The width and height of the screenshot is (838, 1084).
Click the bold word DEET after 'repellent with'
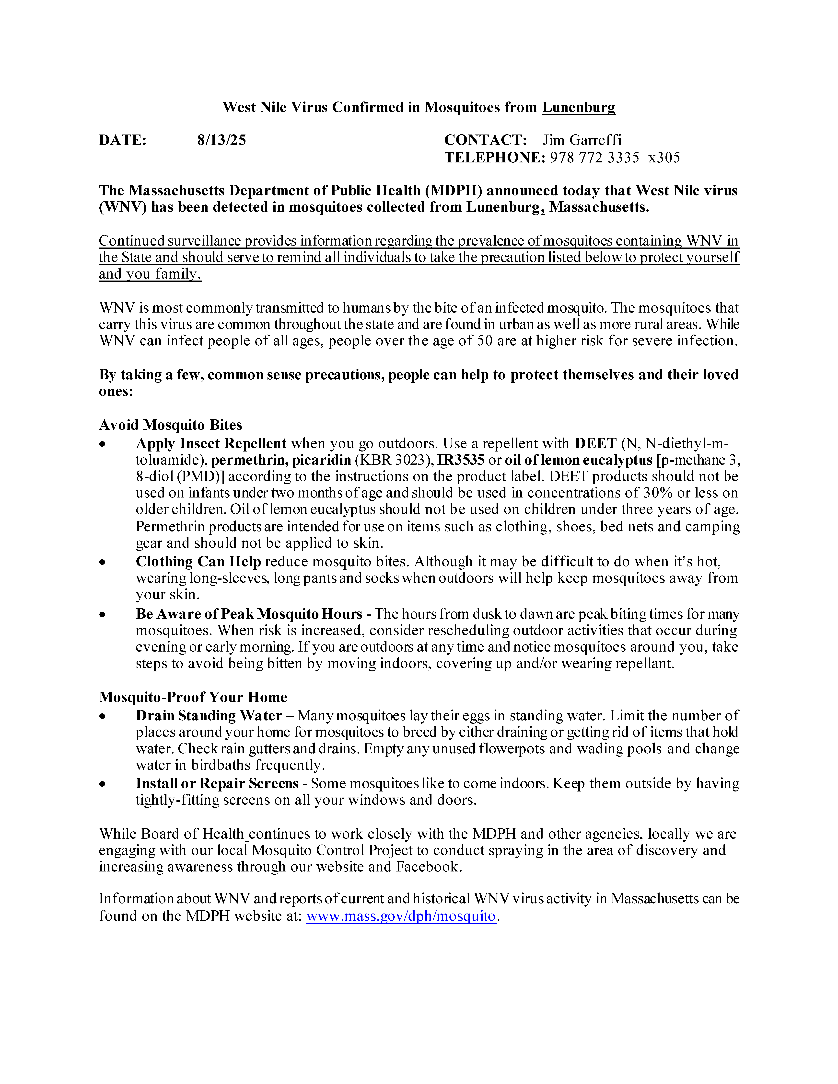[x=595, y=443]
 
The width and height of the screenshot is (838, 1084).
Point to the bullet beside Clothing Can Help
[x=102, y=562]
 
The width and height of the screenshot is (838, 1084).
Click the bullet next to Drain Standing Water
[x=102, y=716]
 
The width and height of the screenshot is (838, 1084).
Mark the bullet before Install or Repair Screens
[x=102, y=784]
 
